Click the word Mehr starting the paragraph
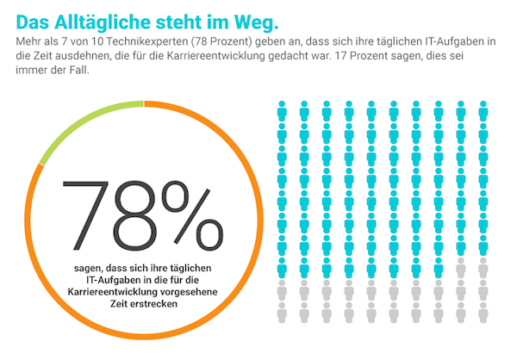coord(22,40)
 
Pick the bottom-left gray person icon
coord(282,315)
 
